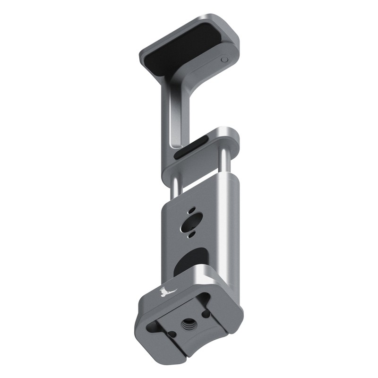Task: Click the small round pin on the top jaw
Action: (224, 60)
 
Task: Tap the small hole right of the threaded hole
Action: (206, 313)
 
